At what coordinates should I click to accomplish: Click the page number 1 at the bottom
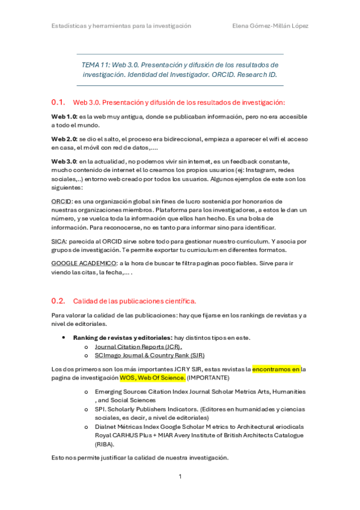coord(180,476)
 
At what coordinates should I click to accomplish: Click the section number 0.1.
coord(58,102)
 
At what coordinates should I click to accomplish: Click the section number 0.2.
coord(58,300)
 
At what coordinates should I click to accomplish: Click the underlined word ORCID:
coord(61,201)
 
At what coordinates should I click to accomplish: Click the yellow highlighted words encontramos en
coord(276,369)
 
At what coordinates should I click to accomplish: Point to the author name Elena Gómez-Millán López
coord(270,26)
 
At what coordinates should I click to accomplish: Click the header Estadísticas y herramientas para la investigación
coord(121,26)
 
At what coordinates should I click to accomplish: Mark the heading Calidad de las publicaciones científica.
coord(135,301)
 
